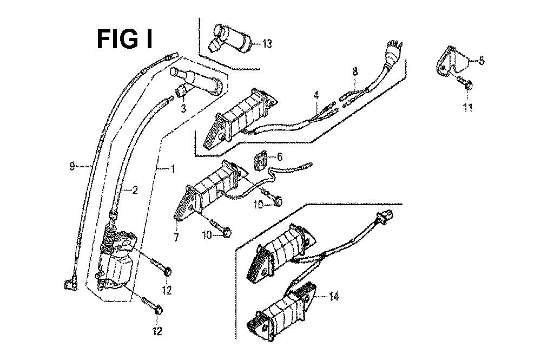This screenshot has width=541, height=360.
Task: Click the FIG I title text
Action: (x=124, y=39)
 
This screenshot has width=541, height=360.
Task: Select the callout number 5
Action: (x=481, y=61)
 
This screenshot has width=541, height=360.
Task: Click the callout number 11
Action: (x=467, y=107)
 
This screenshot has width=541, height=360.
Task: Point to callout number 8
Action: (x=355, y=71)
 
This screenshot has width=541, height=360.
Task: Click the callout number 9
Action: (x=72, y=167)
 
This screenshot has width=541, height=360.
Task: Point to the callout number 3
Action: (x=183, y=109)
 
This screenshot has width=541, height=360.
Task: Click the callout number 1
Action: (x=173, y=169)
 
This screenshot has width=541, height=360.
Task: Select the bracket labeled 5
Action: (x=452, y=61)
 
